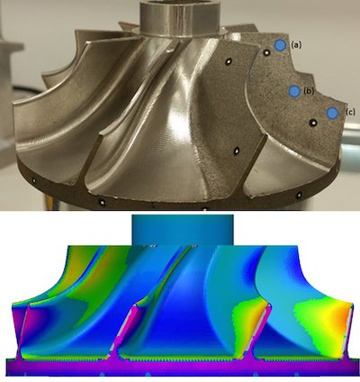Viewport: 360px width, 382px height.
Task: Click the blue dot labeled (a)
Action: click(x=280, y=45)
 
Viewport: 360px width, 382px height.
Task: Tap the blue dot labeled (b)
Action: click(x=295, y=91)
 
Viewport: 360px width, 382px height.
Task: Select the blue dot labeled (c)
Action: click(x=332, y=113)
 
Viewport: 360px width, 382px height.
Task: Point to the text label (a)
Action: click(x=296, y=45)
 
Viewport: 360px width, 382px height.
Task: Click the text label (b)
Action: click(x=309, y=91)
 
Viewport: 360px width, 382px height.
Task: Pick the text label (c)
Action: click(x=350, y=113)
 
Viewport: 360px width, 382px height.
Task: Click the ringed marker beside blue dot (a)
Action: click(x=266, y=53)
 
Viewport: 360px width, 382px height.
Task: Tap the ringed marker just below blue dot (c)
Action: click(x=313, y=123)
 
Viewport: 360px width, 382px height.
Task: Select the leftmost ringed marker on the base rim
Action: click(x=34, y=180)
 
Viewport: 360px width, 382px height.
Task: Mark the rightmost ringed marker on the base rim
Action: click(x=299, y=196)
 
